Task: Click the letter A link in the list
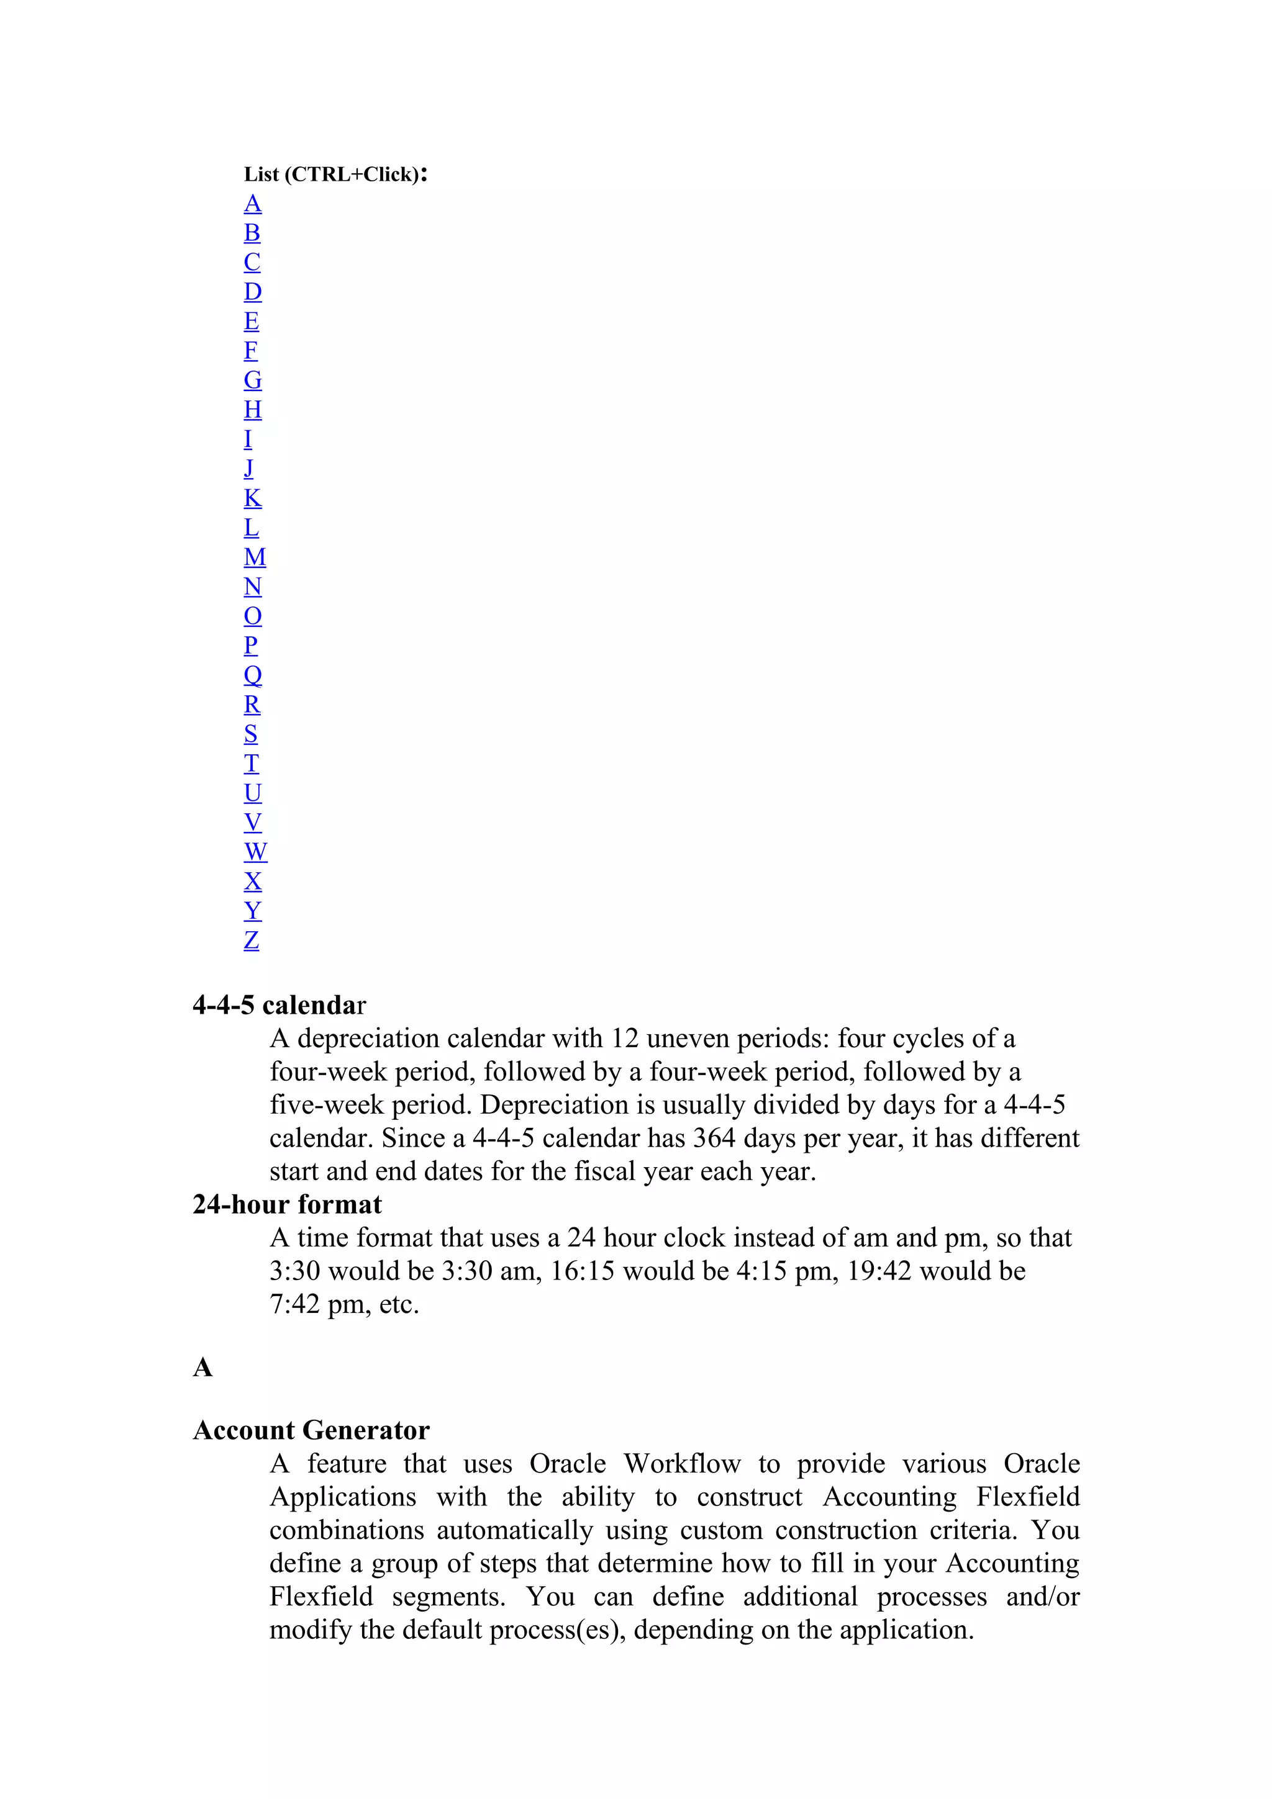tap(252, 204)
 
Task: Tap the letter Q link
tap(252, 675)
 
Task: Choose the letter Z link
tap(251, 940)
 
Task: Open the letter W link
tap(255, 852)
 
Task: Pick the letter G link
tap(252, 381)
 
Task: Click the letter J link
tap(248, 469)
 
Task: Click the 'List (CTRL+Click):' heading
tap(335, 174)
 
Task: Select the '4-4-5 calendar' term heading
tap(279, 1005)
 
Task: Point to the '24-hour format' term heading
tap(287, 1204)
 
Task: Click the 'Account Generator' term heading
tap(311, 1430)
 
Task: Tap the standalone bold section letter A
tap(202, 1368)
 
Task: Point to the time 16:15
tap(583, 1271)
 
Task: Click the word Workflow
tap(682, 1464)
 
